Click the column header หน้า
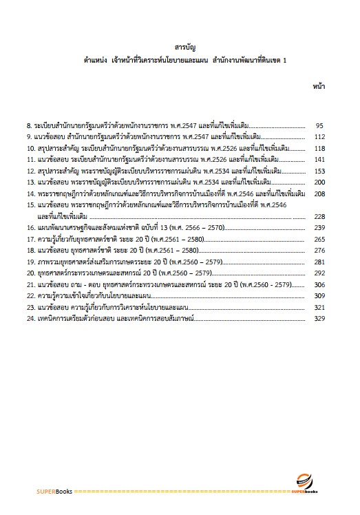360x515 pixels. pos(319,87)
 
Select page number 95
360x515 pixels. pos(319,126)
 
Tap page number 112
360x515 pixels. pos(319,137)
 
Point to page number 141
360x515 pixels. pos(319,160)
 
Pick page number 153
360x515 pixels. pos(319,171)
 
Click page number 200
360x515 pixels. pos(319,182)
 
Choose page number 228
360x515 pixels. pos(319,216)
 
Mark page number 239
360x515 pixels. pos(319,227)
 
